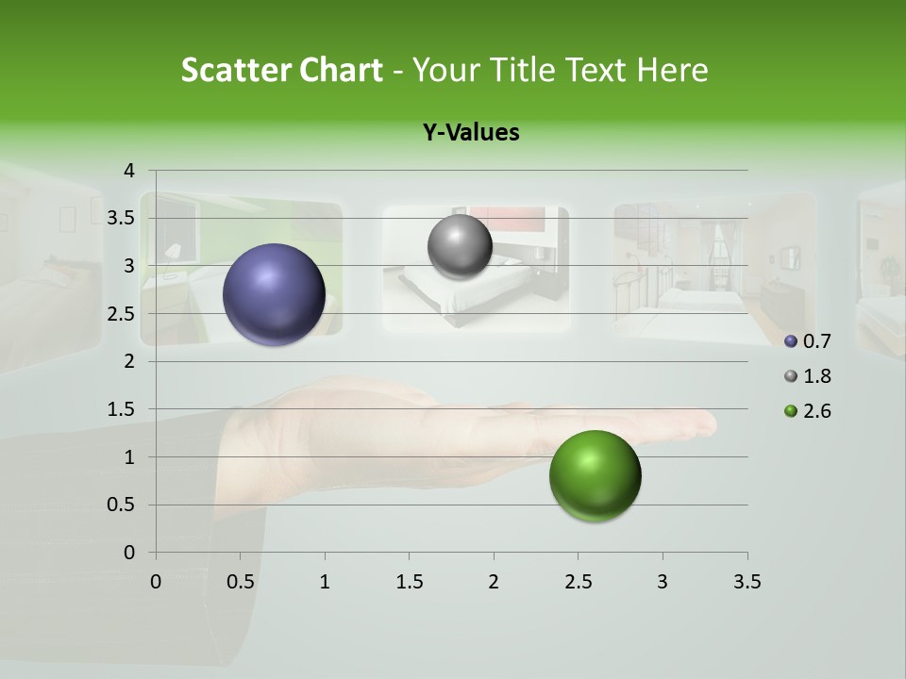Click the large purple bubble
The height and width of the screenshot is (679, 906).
[275, 294]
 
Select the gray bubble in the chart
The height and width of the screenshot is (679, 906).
[460, 247]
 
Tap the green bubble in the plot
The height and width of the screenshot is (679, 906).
[595, 475]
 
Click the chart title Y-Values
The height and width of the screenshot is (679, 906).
[471, 133]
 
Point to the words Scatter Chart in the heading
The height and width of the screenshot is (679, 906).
[281, 70]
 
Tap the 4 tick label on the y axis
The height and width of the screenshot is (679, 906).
[129, 171]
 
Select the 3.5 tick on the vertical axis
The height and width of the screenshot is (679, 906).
[123, 219]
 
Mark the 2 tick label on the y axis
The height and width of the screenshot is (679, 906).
[129, 361]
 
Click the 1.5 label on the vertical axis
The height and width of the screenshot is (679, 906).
[123, 409]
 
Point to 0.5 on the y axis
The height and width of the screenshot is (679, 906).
[123, 505]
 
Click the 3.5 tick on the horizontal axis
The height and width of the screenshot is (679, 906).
[747, 582]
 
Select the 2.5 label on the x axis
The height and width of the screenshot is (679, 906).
[578, 582]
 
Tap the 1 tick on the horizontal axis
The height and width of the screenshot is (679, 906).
[325, 582]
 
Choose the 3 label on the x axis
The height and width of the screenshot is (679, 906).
[663, 582]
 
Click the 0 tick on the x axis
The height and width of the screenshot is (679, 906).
[156, 582]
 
